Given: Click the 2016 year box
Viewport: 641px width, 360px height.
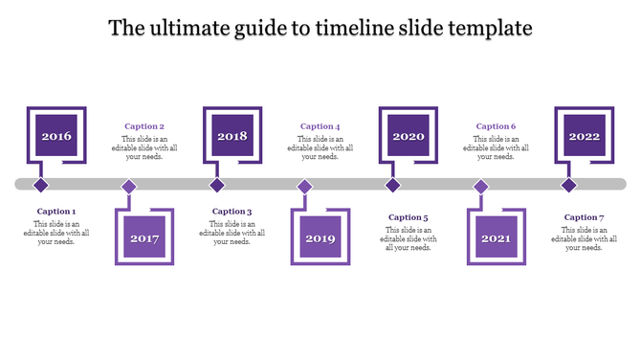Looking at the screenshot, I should (x=55, y=136).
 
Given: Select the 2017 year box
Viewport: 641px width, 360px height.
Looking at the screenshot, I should (x=144, y=237).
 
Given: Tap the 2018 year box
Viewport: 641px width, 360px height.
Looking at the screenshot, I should (x=232, y=136).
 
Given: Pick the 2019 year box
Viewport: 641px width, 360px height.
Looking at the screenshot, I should (x=320, y=237).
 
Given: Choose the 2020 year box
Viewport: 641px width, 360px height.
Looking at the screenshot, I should (x=409, y=136).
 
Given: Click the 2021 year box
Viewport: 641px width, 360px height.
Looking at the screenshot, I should (x=497, y=237).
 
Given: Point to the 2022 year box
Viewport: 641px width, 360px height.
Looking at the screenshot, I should (x=585, y=136).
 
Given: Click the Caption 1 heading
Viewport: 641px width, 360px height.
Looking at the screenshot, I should (x=56, y=212).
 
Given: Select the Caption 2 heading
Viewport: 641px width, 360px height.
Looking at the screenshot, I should (x=144, y=126).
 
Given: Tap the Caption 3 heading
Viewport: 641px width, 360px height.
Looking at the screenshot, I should (x=232, y=212).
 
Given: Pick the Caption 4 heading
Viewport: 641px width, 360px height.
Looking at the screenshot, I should (x=320, y=126).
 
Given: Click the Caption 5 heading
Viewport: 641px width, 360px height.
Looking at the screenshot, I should (x=409, y=217).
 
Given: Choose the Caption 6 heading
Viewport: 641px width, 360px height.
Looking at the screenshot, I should (x=497, y=126).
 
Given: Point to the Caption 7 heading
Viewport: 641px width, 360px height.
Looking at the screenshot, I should (x=585, y=217).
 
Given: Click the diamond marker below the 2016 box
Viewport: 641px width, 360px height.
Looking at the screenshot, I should (x=40, y=185).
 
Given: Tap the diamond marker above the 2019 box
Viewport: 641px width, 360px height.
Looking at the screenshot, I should (x=305, y=186).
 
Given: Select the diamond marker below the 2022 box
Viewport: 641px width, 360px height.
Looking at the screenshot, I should (x=569, y=185).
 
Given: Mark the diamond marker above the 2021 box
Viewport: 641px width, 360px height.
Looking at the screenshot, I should (x=481, y=186).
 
